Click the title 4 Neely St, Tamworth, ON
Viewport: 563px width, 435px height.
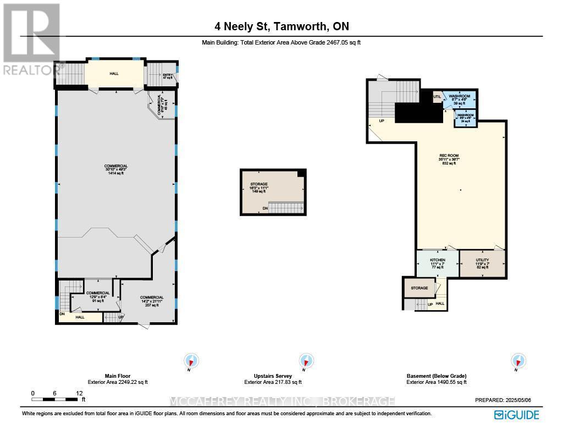point(281,26)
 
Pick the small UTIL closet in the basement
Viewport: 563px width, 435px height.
point(437,97)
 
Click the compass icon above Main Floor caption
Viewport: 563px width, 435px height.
point(191,361)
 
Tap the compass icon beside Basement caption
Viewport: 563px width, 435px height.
point(518,361)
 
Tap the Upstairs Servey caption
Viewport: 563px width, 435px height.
point(273,376)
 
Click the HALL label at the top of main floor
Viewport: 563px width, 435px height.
point(114,74)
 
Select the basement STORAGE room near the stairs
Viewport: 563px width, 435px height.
point(419,288)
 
